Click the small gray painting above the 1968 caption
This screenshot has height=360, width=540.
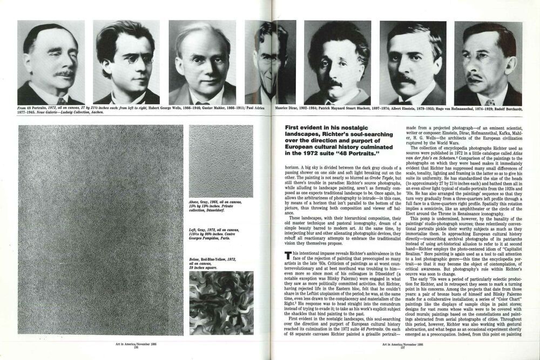coord(220,160)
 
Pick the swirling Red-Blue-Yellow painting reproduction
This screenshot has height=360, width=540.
coord(220,302)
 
